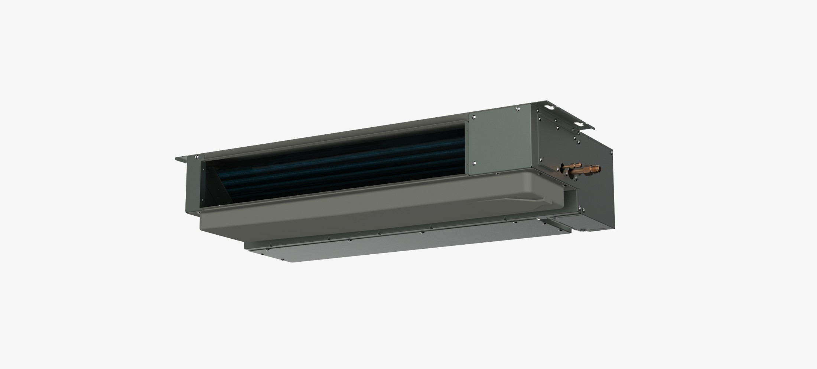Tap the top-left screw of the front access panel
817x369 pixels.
[x=473, y=117]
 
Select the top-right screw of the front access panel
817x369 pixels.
[x=518, y=108]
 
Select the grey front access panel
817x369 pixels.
[x=499, y=141]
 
